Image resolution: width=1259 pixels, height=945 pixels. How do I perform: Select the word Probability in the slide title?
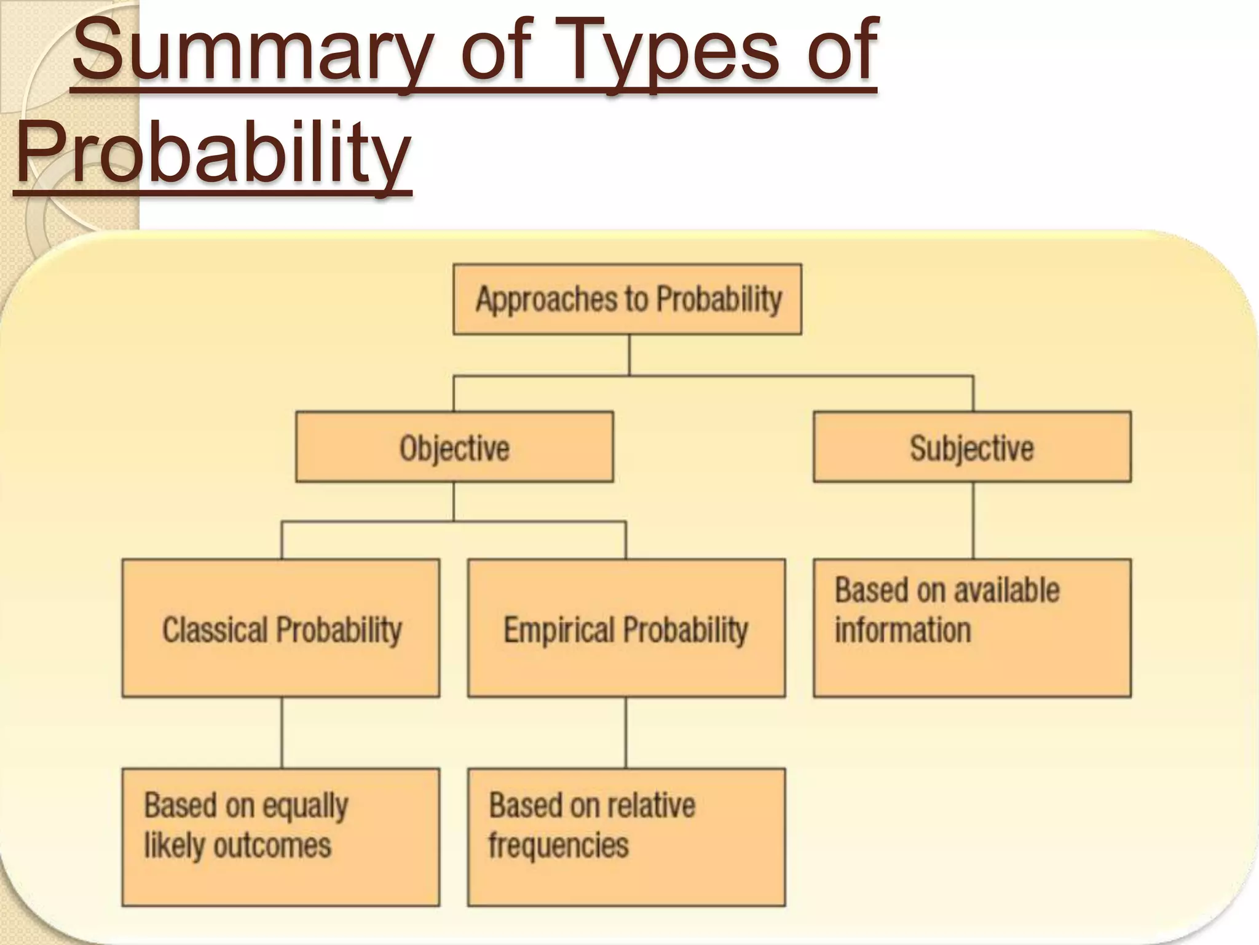pyautogui.click(x=213, y=154)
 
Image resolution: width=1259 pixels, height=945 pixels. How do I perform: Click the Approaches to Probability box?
pyautogui.click(x=628, y=300)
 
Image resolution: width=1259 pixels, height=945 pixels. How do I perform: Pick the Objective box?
pyautogui.click(x=454, y=447)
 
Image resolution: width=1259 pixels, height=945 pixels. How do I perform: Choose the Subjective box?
pyautogui.click(x=972, y=447)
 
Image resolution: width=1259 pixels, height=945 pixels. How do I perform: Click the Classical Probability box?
pyautogui.click(x=281, y=628)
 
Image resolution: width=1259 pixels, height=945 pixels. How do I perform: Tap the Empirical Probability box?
pyautogui.click(x=626, y=628)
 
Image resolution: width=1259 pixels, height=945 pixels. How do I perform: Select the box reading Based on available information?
pyautogui.click(x=972, y=628)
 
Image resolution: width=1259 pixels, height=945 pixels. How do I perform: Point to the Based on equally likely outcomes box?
pyautogui.click(x=281, y=837)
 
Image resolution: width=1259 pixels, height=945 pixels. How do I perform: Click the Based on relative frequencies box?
pyautogui.click(x=626, y=837)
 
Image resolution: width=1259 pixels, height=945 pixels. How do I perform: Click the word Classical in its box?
pyautogui.click(x=215, y=629)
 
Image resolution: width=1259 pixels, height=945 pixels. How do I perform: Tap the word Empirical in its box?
pyautogui.click(x=559, y=629)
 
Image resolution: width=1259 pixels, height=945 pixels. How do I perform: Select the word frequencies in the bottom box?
pyautogui.click(x=558, y=846)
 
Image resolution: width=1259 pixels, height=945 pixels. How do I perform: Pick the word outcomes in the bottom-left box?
pyautogui.click(x=272, y=846)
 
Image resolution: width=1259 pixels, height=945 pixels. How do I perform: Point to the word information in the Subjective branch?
pyautogui.click(x=902, y=631)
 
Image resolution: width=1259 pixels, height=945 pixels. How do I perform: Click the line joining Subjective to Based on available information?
pyautogui.click(x=973, y=520)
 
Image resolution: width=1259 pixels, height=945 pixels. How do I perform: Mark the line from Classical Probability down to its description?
pyautogui.click(x=282, y=732)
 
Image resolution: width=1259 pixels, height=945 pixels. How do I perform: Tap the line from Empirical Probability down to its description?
pyautogui.click(x=626, y=732)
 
